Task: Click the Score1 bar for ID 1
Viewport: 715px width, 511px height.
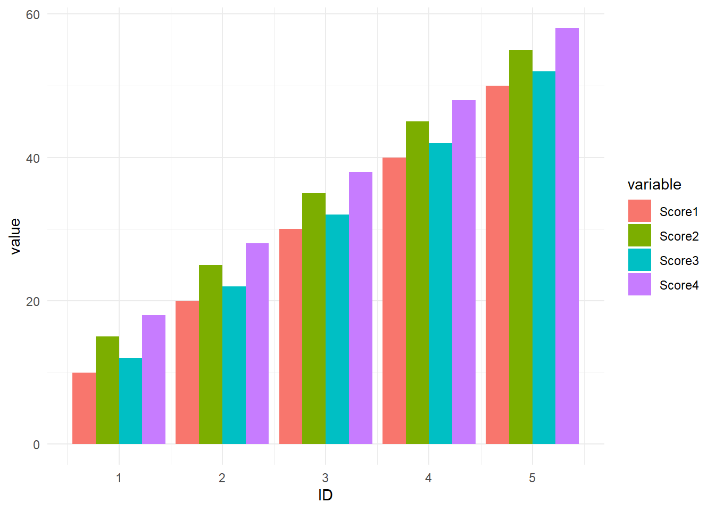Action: (x=84, y=408)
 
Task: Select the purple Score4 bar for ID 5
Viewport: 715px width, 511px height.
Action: (x=567, y=236)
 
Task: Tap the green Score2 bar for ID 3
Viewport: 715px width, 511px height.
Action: (x=314, y=318)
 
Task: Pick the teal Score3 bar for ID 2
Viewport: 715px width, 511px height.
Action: (x=234, y=365)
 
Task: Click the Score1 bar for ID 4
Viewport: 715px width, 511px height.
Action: (x=394, y=301)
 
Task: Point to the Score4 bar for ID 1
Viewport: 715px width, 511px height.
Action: (x=154, y=380)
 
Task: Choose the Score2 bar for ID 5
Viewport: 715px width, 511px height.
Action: (x=521, y=247)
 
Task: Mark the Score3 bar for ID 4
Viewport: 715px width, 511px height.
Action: (x=440, y=293)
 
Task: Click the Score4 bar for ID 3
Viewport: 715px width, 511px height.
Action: (x=361, y=308)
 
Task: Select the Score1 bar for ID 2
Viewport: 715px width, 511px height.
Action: (x=187, y=373)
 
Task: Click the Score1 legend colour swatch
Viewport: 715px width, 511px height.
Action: (x=639, y=211)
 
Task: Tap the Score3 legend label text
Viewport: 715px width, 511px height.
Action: (x=679, y=261)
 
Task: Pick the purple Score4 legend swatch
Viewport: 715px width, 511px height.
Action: (x=639, y=284)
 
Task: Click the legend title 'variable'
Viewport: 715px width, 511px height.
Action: (x=654, y=185)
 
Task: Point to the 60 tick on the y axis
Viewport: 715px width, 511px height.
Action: (x=33, y=15)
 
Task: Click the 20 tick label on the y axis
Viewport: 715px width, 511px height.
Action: (x=33, y=301)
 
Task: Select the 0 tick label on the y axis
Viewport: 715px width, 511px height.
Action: (x=36, y=445)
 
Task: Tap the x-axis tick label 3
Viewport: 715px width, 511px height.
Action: (x=325, y=478)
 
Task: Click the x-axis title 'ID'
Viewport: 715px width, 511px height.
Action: (x=326, y=495)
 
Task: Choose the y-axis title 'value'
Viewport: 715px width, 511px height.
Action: (x=15, y=237)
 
